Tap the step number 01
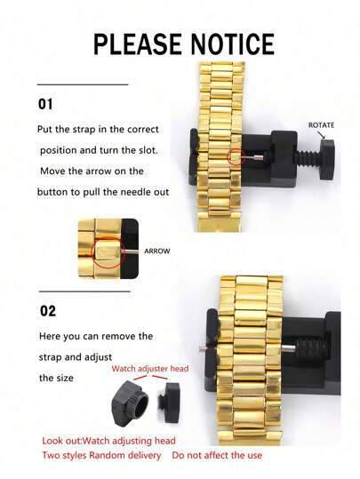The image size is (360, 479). click(x=45, y=104)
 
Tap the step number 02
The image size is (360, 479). click(x=46, y=311)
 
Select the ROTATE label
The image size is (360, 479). click(x=321, y=125)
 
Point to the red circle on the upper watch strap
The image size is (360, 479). click(x=235, y=158)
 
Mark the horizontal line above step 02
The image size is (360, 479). click(x=84, y=290)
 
